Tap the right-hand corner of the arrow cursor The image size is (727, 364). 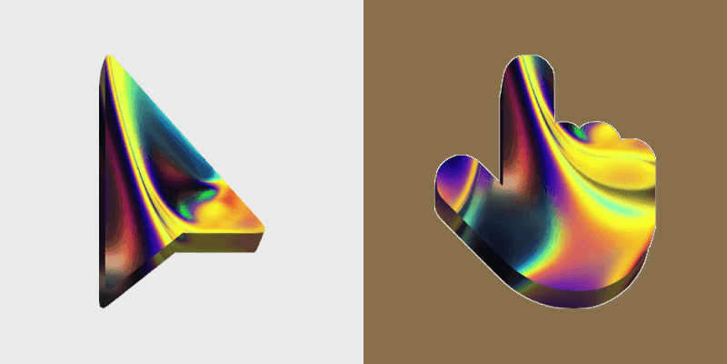(x=264, y=229)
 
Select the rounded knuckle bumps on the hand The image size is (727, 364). (x=604, y=136)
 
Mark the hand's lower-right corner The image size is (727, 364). (x=641, y=268)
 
